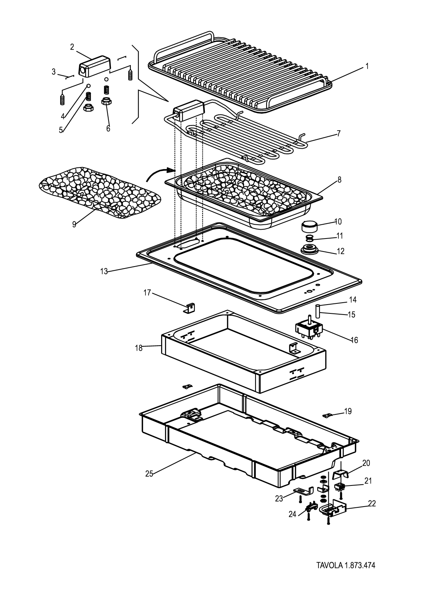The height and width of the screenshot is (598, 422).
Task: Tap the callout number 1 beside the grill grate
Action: (367, 66)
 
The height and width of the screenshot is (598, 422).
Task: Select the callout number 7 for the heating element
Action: (339, 134)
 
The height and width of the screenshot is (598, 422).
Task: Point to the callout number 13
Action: (104, 272)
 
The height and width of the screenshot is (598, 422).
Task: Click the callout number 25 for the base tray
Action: (149, 481)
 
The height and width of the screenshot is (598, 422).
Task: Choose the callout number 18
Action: (139, 348)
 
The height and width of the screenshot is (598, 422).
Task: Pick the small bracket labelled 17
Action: (190, 308)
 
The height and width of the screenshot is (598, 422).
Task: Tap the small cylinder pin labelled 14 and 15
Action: (318, 311)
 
